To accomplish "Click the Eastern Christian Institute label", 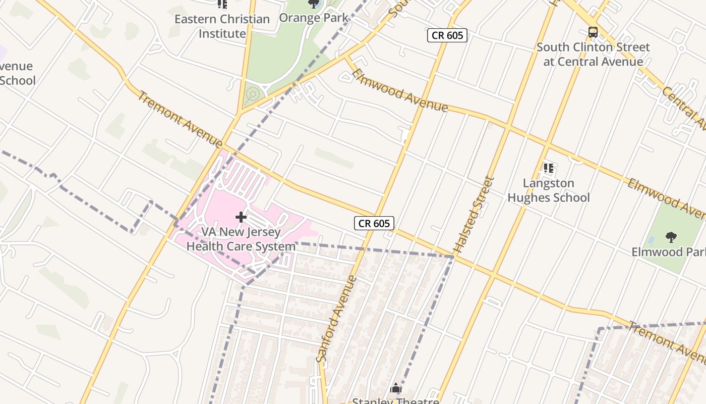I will point(222,26).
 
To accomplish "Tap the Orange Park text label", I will point(313,18).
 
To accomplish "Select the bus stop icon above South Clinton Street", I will point(593,32).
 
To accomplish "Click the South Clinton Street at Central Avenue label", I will point(593,55).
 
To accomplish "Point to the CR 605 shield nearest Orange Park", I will point(447,35).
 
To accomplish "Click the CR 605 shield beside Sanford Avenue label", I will point(374,223).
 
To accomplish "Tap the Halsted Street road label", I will point(473,214).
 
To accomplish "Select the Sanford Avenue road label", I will point(336,319).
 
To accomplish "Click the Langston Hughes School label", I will point(548,190).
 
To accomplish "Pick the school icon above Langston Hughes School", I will point(548,168).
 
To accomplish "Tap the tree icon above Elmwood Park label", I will point(671,237).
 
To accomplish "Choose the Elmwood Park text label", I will point(668,251).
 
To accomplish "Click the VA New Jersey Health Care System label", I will point(241,239).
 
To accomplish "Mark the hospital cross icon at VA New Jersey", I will point(241,217).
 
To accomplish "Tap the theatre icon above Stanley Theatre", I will point(396,388).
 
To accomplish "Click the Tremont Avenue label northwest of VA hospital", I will point(180,120).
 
